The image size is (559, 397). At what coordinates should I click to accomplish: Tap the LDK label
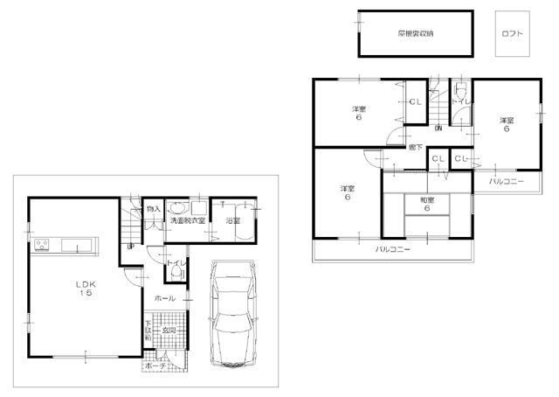tap(85, 282)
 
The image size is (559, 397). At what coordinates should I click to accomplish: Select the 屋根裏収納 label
tap(416, 33)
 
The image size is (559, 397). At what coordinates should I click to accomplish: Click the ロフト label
tap(513, 33)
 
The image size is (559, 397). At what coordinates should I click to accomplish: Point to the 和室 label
tap(428, 199)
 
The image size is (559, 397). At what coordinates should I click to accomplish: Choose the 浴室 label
tap(233, 220)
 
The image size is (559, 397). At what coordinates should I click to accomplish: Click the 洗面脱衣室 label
tap(188, 220)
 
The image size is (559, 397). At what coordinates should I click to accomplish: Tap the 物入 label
tap(154, 210)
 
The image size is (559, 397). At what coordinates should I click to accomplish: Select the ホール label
tap(163, 298)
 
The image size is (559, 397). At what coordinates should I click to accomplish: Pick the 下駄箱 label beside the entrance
tap(148, 338)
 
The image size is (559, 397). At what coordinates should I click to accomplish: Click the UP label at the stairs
tap(130, 246)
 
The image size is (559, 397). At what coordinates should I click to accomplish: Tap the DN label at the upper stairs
tap(438, 129)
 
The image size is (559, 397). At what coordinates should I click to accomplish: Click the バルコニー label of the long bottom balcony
tap(393, 249)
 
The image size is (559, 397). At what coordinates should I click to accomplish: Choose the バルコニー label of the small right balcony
tap(507, 181)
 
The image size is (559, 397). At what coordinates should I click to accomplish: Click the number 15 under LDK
tap(85, 293)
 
